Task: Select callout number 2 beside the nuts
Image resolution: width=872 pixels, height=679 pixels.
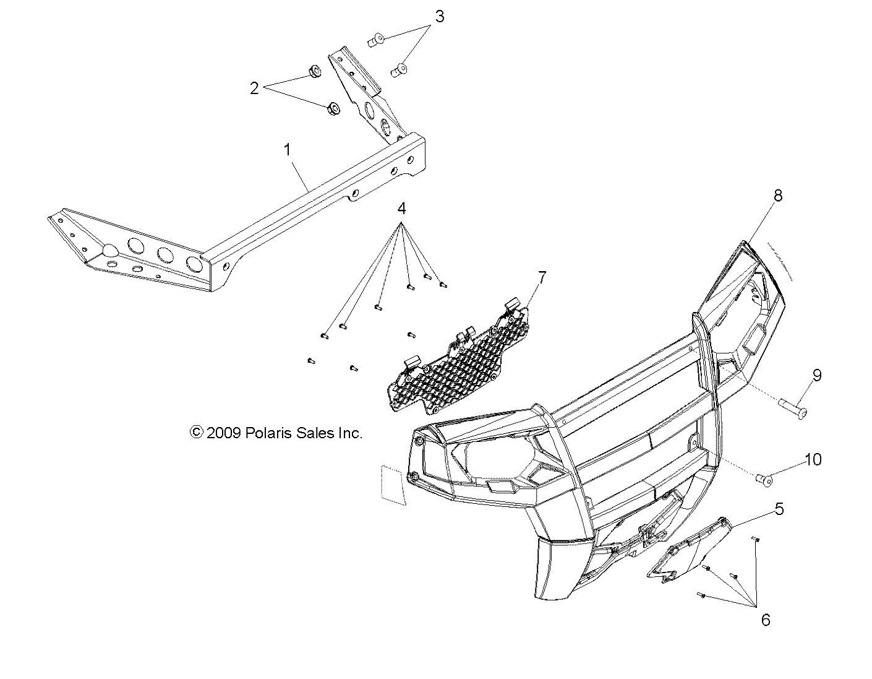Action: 254,89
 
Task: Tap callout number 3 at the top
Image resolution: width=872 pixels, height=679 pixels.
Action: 439,17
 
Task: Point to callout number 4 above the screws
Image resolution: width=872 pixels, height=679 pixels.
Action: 401,209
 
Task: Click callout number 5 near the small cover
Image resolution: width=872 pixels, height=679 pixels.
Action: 779,509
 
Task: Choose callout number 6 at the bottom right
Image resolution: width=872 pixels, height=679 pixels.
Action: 766,620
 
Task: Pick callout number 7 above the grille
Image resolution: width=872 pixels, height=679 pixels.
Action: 542,278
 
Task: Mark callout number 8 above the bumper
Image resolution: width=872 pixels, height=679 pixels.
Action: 777,196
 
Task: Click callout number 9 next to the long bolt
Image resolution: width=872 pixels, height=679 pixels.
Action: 816,375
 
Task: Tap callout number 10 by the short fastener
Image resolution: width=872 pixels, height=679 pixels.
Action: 813,459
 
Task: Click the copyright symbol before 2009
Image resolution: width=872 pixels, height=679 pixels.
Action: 197,433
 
